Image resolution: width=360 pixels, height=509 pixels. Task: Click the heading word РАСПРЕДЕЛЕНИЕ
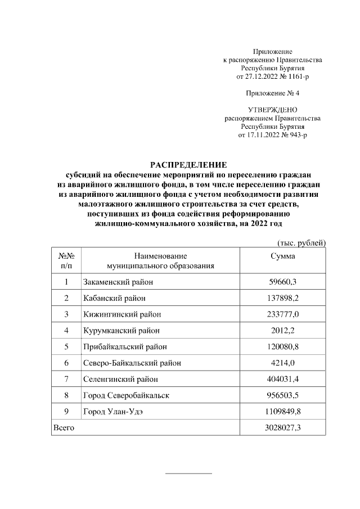[188, 165]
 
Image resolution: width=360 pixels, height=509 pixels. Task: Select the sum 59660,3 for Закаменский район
[282, 282]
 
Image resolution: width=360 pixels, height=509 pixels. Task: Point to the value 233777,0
[282, 314]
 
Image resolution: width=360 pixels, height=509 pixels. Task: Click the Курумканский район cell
[121, 330]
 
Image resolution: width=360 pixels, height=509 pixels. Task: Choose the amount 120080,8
[282, 346]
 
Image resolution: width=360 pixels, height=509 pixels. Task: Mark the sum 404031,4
[282, 379]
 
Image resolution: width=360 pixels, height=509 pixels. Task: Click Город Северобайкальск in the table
[126, 395]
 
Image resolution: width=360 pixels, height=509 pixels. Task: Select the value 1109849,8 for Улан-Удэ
[282, 412]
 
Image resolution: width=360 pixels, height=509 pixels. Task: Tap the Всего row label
[63, 428]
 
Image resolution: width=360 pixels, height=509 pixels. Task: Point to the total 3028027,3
[282, 428]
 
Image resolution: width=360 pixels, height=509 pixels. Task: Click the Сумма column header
[282, 256]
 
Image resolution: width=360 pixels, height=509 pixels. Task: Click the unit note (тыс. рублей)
[301, 242]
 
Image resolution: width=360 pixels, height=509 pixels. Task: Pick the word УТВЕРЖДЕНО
[273, 110]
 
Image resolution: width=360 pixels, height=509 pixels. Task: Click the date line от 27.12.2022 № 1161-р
[273, 76]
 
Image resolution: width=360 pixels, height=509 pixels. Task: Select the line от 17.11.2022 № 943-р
[273, 136]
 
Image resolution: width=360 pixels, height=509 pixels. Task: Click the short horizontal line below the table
[188, 474]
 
